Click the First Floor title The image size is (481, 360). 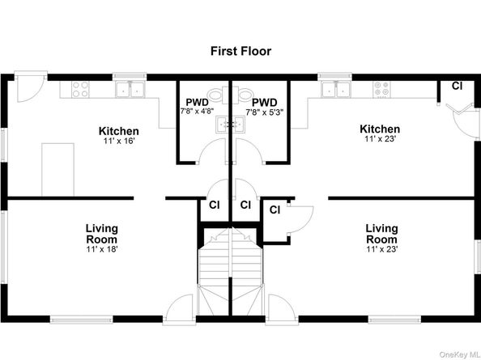(x=240, y=51)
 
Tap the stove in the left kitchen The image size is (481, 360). (x=80, y=89)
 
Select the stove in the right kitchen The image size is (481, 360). (x=382, y=89)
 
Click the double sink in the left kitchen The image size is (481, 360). (x=130, y=89)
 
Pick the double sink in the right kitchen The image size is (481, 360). (x=335, y=89)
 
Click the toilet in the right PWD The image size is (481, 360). (x=242, y=95)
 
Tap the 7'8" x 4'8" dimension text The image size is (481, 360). (x=197, y=111)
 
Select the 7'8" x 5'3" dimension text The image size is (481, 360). (x=265, y=112)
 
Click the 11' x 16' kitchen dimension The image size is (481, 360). (x=119, y=141)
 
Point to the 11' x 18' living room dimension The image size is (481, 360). (x=102, y=249)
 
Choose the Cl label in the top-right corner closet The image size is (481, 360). (x=457, y=86)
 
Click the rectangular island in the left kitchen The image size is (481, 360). (x=57, y=169)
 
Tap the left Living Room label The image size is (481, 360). (x=102, y=234)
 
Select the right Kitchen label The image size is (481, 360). (x=380, y=129)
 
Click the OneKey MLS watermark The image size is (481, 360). (x=459, y=354)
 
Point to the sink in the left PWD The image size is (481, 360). (x=222, y=125)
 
